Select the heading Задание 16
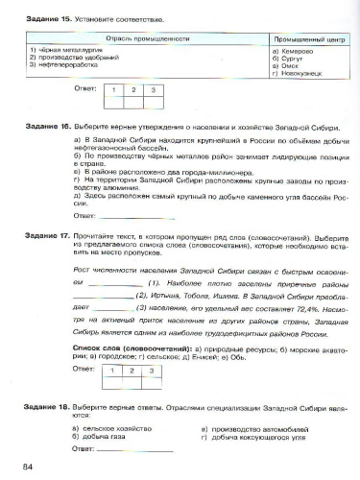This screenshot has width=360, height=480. [x=47, y=126]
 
